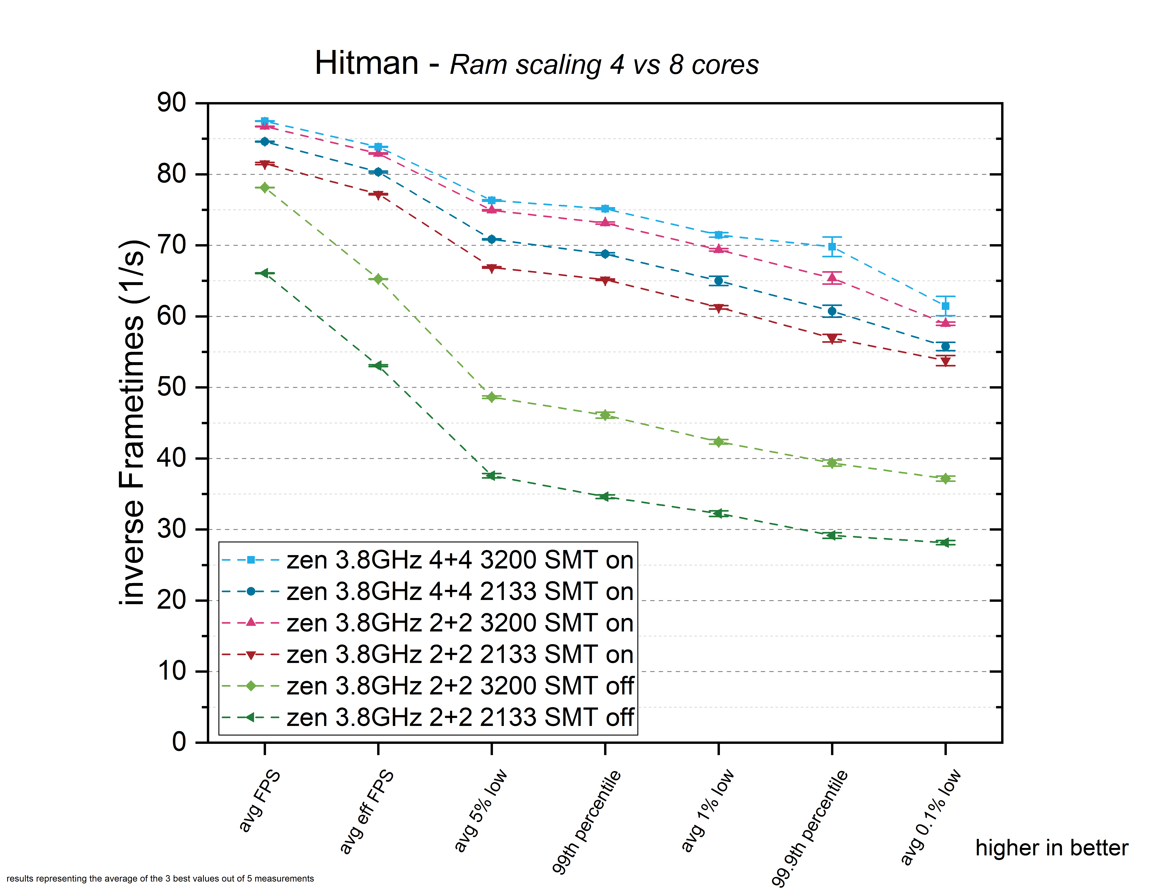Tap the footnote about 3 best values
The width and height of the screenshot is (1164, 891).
(x=160, y=878)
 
